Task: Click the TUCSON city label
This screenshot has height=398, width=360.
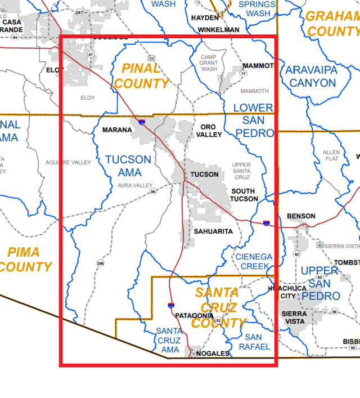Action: pyautogui.click(x=204, y=175)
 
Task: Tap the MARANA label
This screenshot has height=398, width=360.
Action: pyautogui.click(x=117, y=130)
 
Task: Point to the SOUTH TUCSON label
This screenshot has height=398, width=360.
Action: pyautogui.click(x=244, y=195)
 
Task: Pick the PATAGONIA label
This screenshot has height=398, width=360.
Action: pyautogui.click(x=194, y=315)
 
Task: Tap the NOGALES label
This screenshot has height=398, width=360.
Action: pyautogui.click(x=213, y=354)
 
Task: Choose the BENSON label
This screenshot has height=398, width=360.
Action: pyautogui.click(x=301, y=216)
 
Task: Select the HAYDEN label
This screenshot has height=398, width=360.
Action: pyautogui.click(x=204, y=17)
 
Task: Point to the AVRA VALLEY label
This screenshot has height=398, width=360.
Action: pyautogui.click(x=135, y=185)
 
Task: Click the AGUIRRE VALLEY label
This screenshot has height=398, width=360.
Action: pyautogui.click(x=68, y=163)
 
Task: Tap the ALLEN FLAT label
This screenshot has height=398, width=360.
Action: pyautogui.click(x=331, y=156)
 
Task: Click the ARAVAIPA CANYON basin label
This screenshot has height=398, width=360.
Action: pyautogui.click(x=311, y=77)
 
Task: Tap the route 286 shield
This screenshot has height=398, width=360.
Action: pyautogui.click(x=100, y=263)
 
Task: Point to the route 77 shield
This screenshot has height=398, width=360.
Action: pyautogui.click(x=244, y=74)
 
